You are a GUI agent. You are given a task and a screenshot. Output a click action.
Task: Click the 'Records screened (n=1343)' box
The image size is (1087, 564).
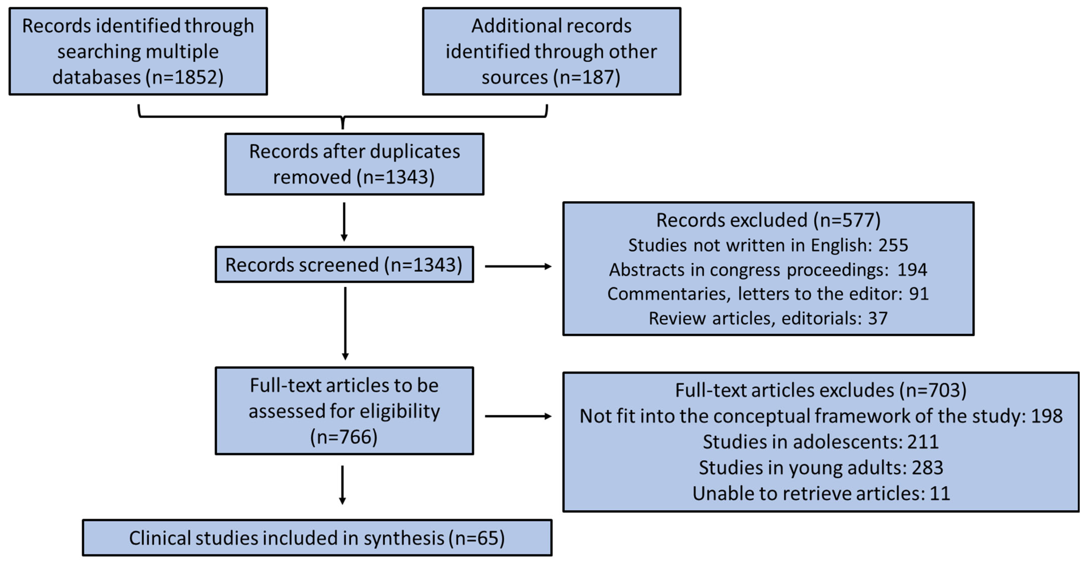click(344, 265)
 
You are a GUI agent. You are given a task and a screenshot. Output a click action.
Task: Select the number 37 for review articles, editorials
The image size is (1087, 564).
click(878, 318)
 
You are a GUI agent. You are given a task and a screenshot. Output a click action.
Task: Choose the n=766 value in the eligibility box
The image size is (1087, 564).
click(344, 437)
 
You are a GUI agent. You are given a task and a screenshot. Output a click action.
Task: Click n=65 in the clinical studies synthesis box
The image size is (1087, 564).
click(477, 538)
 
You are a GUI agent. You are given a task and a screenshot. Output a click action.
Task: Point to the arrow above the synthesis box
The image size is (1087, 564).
click(342, 485)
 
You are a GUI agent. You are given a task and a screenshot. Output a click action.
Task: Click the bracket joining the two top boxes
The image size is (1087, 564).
click(343, 117)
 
